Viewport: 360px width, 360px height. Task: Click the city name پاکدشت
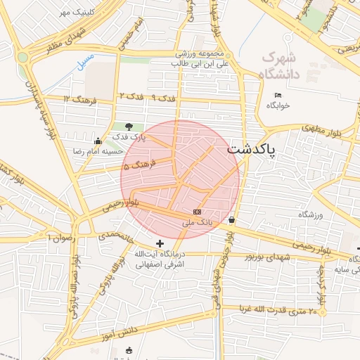pos(252,150)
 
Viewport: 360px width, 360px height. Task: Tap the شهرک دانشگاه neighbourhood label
pos(281,65)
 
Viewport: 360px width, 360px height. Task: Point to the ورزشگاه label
pos(309,214)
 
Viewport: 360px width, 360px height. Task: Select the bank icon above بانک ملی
pos(197,212)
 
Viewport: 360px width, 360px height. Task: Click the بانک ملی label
pos(196,222)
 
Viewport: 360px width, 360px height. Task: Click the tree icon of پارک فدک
pos(128,127)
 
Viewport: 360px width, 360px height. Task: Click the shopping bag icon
pos(231,219)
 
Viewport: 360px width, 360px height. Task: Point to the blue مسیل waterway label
pos(84,60)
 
